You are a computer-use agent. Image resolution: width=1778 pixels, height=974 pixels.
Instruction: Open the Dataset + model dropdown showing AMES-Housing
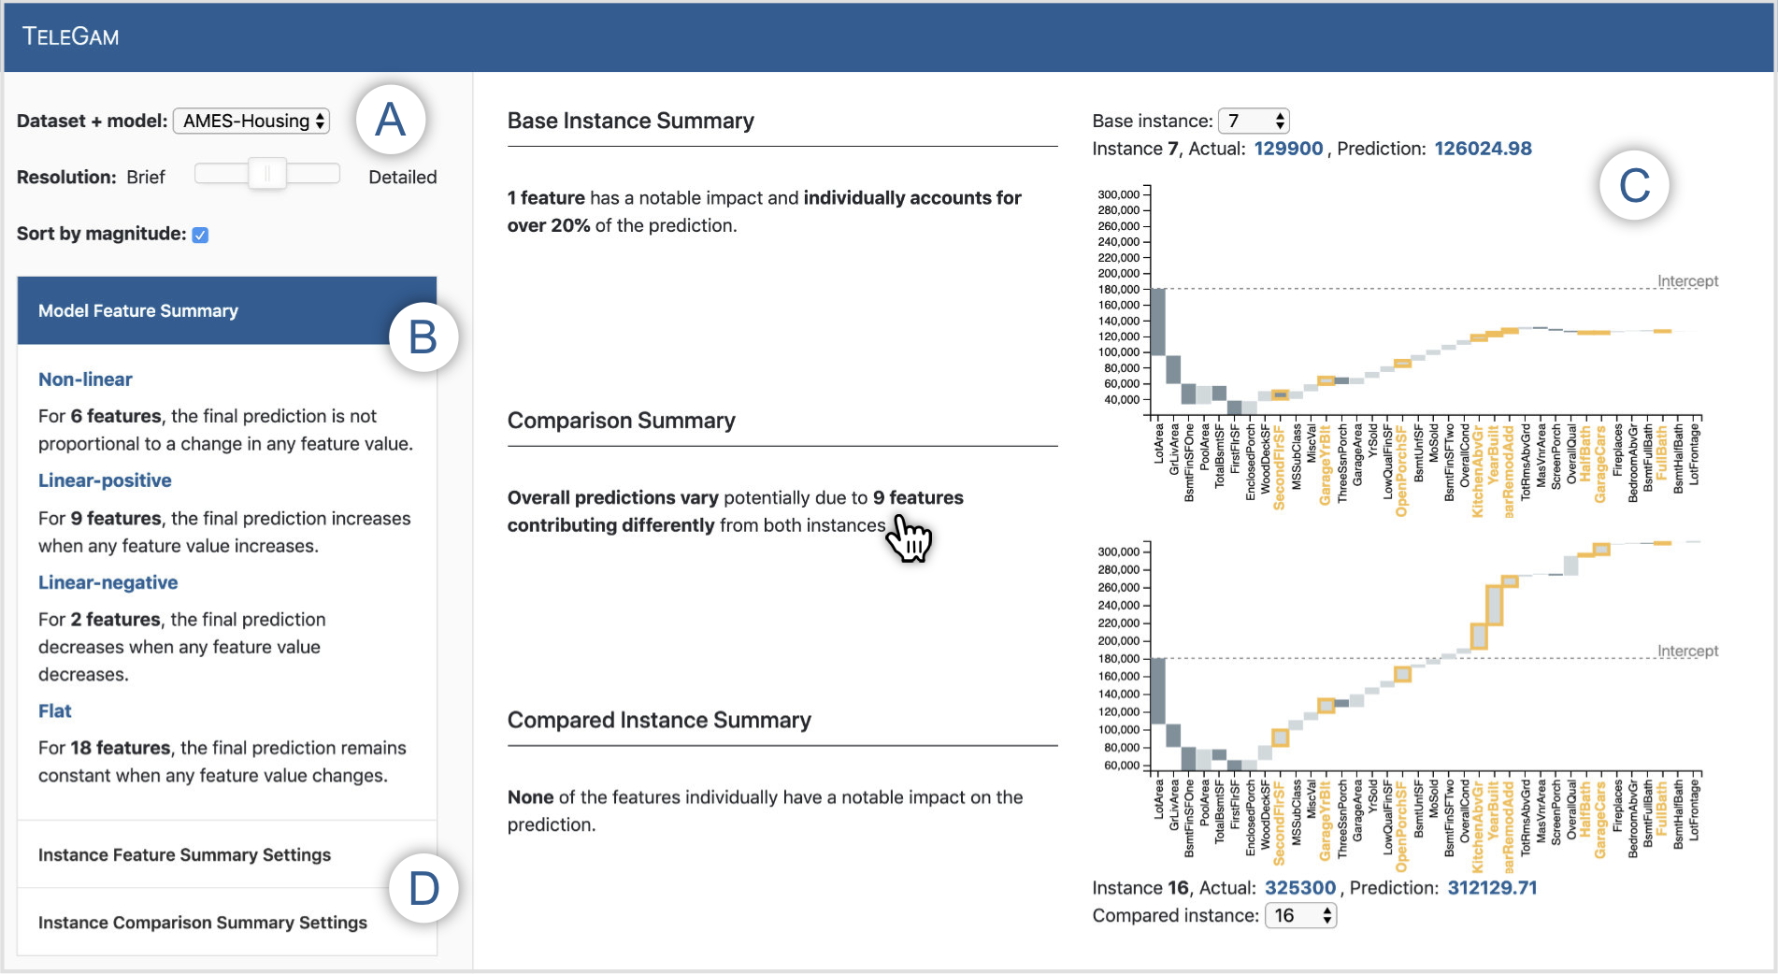[x=251, y=121]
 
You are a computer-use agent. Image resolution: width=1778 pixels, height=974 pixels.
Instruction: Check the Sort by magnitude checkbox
[x=200, y=235]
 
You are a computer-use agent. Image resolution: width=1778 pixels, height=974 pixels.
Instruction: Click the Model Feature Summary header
[x=138, y=310]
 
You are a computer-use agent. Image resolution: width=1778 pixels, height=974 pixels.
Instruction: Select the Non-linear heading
[x=85, y=380]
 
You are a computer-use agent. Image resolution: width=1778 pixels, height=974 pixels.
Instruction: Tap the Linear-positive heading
[x=105, y=480]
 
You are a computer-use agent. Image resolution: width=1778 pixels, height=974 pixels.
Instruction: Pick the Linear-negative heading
[x=108, y=582]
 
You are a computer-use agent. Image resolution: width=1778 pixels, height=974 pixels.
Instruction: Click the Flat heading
[x=55, y=711]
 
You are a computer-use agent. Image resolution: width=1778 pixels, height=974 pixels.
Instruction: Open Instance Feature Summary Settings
[x=184, y=854]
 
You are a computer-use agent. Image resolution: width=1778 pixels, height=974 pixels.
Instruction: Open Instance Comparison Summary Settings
[x=202, y=923]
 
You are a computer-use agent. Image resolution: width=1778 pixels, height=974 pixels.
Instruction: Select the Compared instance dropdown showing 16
[x=1300, y=916]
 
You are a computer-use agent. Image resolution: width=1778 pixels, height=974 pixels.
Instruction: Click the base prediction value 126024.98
[x=1483, y=149]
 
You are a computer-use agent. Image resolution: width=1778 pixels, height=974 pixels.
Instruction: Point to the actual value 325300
[x=1300, y=888]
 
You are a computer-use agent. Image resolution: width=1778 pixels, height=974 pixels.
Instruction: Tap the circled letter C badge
[x=1634, y=185]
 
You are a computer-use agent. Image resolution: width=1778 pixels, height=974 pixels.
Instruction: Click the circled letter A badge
[x=391, y=120]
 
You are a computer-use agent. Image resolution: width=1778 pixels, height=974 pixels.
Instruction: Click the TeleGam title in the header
[x=71, y=36]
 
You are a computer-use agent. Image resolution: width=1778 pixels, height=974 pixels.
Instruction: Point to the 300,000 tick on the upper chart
[x=1118, y=194]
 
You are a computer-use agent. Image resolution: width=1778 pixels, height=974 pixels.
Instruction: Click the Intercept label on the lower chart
[x=1687, y=651]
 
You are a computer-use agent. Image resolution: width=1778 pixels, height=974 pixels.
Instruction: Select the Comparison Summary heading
[x=621, y=421]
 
